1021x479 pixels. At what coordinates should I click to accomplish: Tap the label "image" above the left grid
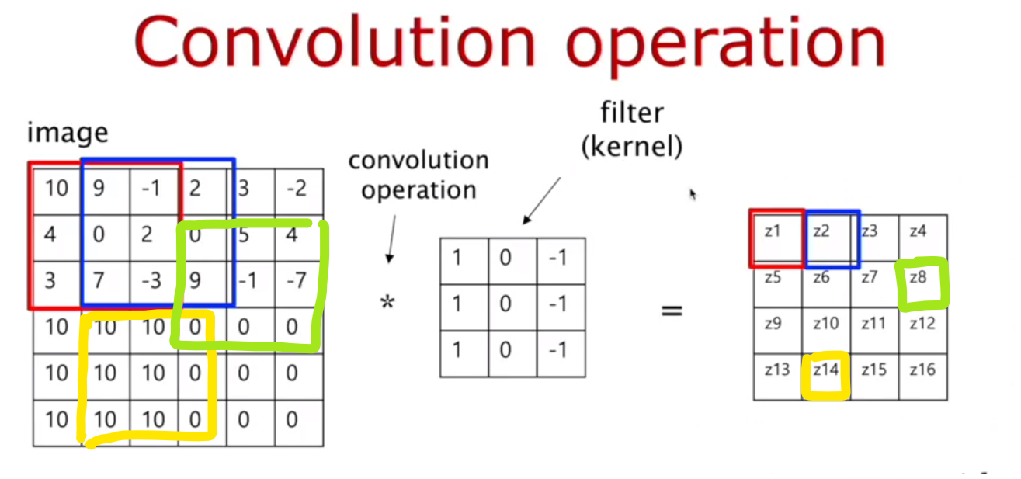pos(67,133)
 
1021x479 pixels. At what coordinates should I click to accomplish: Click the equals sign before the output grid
pos(672,311)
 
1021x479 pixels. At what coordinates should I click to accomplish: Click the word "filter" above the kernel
pos(632,113)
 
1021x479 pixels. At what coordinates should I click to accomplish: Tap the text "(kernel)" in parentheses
pos(632,148)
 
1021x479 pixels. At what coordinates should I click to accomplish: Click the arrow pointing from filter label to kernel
pos(541,200)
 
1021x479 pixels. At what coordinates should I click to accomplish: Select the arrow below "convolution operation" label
pos(391,238)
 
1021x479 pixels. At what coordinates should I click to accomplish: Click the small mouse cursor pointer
pos(693,194)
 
